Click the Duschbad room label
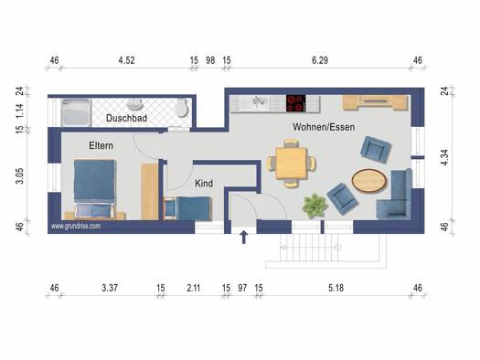(126, 118)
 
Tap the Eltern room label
(101, 145)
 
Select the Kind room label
(204, 184)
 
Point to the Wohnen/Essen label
(324, 127)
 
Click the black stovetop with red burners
(295, 103)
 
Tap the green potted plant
(315, 206)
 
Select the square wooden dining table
(291, 163)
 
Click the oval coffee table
(368, 181)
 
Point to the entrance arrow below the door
(244, 238)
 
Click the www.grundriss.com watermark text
(76, 227)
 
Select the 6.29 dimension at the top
(320, 60)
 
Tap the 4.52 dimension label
(126, 60)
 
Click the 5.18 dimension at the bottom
(336, 288)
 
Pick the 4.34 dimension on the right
(444, 157)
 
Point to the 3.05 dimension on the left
(19, 175)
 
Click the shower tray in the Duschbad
(76, 112)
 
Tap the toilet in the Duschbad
(182, 108)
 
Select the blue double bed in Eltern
(95, 189)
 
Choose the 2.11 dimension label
(194, 288)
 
